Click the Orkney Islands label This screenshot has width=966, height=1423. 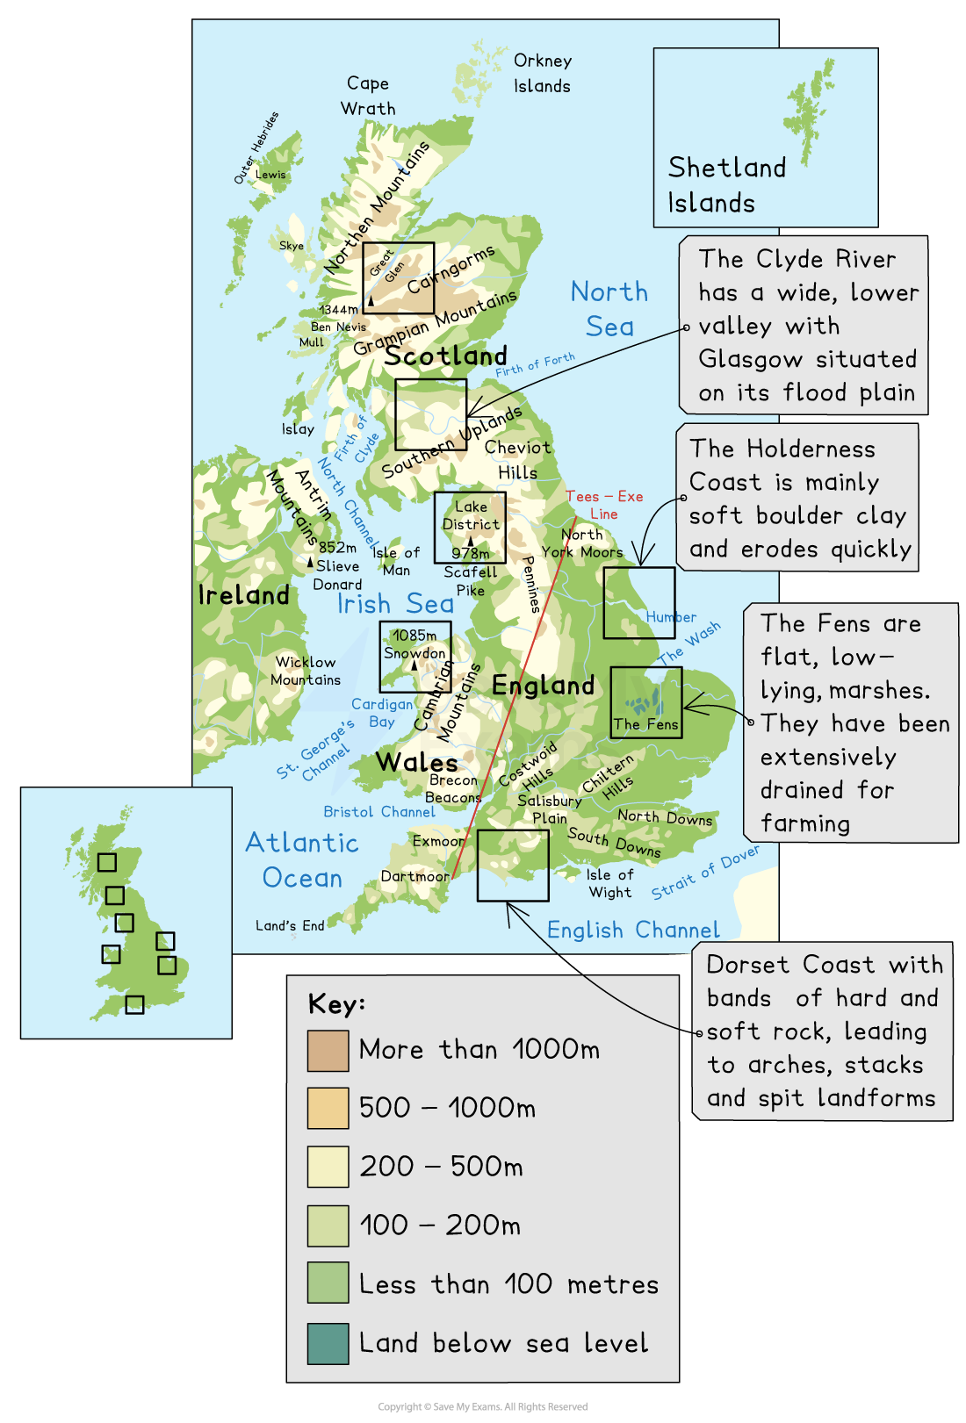point(543,74)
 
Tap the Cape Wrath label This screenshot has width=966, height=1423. point(368,96)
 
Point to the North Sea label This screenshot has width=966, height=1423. point(609,309)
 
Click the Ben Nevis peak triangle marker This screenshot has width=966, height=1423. point(371,301)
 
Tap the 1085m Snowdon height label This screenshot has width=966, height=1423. point(415,636)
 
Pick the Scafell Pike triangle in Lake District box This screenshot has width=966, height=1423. point(470,541)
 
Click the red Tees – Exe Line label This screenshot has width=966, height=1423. point(604,505)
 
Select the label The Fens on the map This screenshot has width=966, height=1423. point(645,724)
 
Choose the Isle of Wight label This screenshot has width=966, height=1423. point(610,883)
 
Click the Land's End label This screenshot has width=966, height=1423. point(290,925)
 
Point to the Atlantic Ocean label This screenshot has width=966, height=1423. point(302,860)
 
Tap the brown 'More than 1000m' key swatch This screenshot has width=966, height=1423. point(328,1051)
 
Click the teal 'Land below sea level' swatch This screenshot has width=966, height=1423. point(328,1343)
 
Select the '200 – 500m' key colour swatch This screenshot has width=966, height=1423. point(328,1168)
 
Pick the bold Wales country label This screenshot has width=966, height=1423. point(417,762)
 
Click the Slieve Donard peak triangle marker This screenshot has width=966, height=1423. point(310,562)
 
